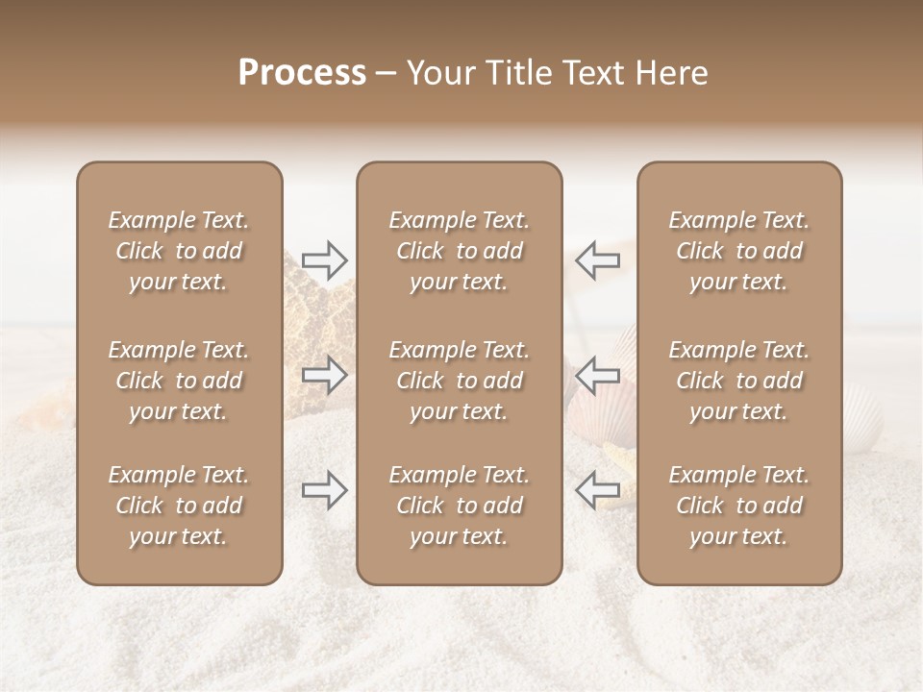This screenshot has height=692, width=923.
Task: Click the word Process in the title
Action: [x=302, y=73]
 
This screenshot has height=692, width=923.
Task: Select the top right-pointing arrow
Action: [x=325, y=259]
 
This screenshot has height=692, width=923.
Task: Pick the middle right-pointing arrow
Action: [x=325, y=375]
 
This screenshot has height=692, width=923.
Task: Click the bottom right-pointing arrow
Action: [x=325, y=490]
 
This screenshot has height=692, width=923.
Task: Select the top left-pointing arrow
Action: [x=597, y=259]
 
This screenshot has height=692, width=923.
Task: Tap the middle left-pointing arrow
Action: [x=597, y=375]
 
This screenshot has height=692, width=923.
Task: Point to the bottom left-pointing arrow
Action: [x=597, y=490]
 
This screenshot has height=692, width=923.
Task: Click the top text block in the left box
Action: [x=179, y=251]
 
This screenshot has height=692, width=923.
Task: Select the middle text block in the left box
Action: [x=179, y=381]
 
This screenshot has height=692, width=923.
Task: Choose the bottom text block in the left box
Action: [x=179, y=506]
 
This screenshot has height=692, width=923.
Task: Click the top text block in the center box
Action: [x=459, y=251]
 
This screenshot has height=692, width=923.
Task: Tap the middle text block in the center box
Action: [x=459, y=381]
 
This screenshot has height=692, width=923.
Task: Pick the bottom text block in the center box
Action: [x=459, y=506]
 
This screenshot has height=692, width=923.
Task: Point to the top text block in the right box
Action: [x=738, y=251]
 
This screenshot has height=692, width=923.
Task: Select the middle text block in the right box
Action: [x=738, y=381]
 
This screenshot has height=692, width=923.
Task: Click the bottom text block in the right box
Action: [x=738, y=506]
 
